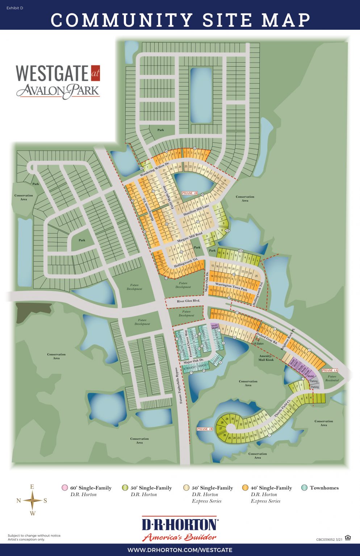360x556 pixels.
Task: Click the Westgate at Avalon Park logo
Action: [x=58, y=82]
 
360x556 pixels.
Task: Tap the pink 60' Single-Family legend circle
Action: [x=65, y=488]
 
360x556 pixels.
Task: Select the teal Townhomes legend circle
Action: [x=304, y=488]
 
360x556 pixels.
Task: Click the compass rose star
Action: [x=33, y=500]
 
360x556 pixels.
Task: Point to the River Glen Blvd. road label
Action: [x=188, y=301]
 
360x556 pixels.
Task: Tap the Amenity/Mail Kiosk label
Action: [x=266, y=358]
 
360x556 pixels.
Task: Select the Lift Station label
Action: [x=258, y=344]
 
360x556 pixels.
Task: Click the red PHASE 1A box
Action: [x=330, y=370]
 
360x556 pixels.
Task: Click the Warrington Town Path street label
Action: [x=231, y=287]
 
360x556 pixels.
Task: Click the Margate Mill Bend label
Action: [x=190, y=237]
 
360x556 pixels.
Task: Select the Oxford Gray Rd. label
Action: [x=267, y=337]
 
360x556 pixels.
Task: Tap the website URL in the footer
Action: [x=180, y=550]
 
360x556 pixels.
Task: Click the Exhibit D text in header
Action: [x=15, y=8]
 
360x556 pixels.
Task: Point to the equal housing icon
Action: [x=348, y=538]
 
